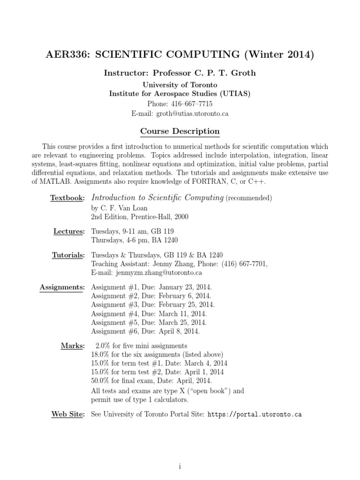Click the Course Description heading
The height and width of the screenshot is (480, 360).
point(180,132)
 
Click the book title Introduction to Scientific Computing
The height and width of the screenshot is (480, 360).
point(157,198)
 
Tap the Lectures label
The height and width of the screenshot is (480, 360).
point(68,232)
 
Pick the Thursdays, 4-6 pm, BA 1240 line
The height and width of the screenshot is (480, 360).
point(135,240)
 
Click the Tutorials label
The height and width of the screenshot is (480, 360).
point(68,255)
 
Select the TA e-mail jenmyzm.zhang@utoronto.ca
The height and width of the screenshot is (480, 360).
point(146,272)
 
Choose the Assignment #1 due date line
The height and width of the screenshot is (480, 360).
point(151,286)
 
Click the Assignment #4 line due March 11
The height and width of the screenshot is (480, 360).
point(149,314)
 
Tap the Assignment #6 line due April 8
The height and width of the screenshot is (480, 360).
point(145,331)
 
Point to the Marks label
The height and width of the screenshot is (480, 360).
point(73,346)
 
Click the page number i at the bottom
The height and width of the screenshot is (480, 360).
point(180,454)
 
